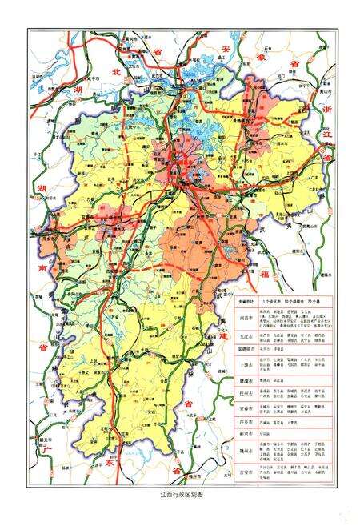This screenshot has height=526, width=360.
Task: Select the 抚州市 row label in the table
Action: point(246,394)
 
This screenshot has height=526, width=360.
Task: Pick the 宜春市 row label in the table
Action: point(246,409)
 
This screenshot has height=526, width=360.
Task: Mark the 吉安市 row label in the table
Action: point(246,473)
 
